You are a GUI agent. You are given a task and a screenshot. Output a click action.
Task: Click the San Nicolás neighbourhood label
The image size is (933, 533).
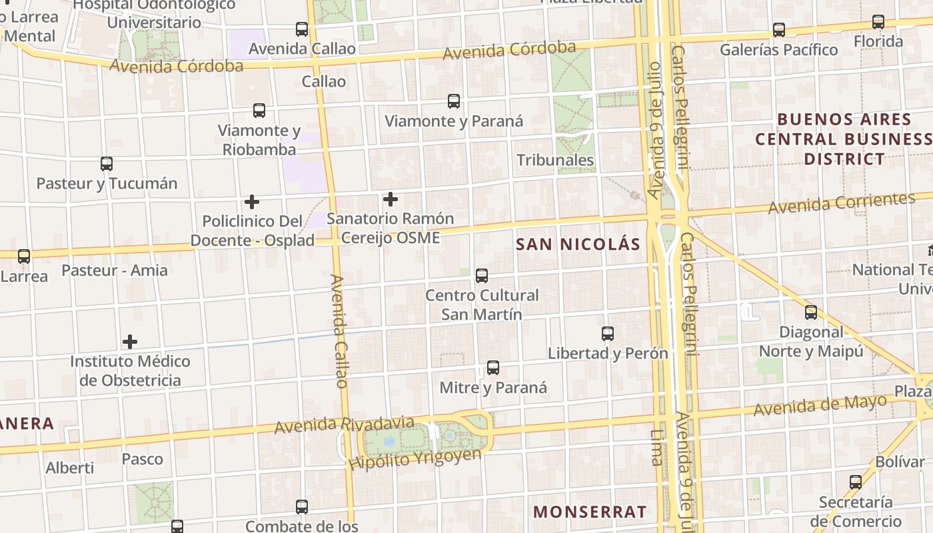578,245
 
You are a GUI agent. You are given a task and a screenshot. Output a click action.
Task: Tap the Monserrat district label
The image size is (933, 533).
590,512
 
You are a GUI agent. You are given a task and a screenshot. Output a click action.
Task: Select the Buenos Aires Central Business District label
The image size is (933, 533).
844,139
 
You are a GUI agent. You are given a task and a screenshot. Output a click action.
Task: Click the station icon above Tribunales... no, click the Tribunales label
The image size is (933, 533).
555,160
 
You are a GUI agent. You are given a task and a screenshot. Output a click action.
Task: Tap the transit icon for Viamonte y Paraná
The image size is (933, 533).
454,101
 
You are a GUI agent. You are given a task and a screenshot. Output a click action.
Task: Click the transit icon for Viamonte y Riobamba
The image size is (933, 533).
259,111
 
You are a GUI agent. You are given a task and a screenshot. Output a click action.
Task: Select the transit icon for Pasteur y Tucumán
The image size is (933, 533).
107,163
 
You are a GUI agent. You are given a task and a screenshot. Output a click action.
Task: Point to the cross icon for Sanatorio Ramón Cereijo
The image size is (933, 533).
391,199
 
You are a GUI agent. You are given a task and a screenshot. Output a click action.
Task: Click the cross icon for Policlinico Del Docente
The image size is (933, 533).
252,201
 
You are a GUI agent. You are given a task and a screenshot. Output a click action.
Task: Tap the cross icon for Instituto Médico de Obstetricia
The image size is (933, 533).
130,342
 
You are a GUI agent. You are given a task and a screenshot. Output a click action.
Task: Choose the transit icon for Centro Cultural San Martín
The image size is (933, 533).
482,275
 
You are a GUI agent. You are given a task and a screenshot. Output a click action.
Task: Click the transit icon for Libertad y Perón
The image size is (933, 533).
608,333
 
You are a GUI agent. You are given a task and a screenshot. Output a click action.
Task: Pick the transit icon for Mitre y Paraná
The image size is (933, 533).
493,367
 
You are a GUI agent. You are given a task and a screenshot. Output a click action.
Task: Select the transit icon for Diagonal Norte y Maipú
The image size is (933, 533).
811,312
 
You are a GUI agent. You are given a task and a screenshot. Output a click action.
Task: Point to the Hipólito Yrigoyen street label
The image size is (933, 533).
415,458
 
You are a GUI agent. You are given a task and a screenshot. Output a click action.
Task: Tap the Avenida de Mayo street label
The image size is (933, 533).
820,404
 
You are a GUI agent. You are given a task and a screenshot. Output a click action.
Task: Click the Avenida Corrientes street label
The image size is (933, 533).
841,203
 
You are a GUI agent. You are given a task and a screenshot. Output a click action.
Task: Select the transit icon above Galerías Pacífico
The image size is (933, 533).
779,30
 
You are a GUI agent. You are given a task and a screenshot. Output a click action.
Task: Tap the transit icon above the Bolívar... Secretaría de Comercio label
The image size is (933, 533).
856,482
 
